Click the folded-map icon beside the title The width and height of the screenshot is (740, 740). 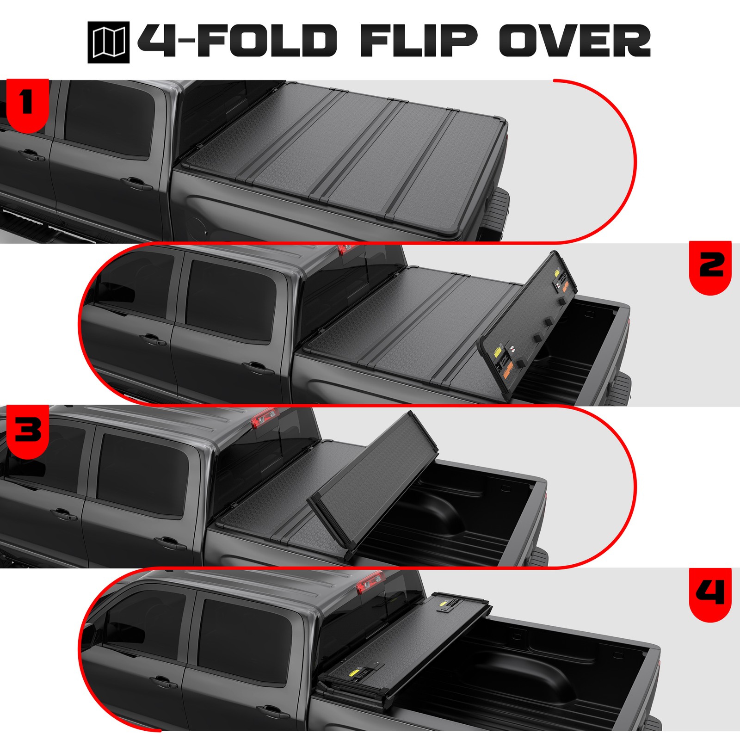coord(108,43)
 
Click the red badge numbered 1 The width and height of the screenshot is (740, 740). coord(27,104)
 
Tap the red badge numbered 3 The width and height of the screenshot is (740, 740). coord(27,430)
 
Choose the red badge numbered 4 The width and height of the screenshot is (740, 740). coord(710,593)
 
